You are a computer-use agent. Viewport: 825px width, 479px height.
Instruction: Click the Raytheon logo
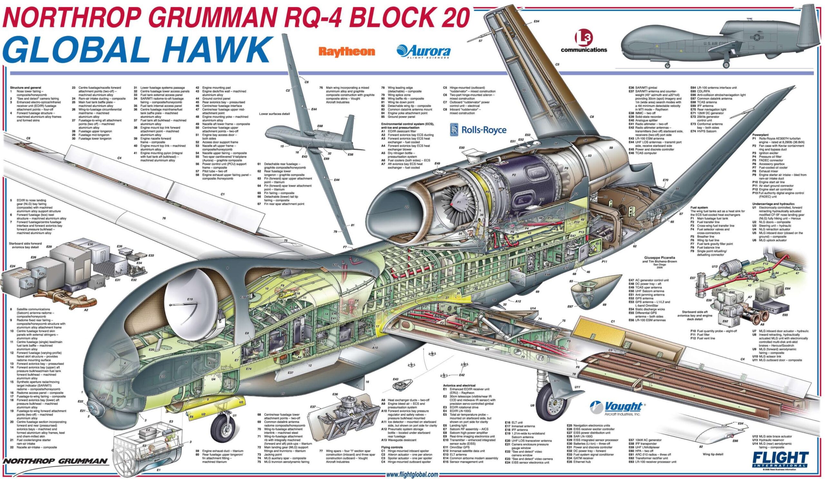point(346,52)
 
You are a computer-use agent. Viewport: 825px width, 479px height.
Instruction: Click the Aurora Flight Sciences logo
point(423,51)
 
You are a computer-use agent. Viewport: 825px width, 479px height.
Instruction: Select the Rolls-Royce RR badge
point(454,129)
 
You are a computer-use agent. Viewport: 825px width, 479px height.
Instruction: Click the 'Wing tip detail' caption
point(713,454)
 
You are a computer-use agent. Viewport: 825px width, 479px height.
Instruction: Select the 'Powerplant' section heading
point(760,135)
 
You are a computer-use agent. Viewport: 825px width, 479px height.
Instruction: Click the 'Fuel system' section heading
point(699,207)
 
